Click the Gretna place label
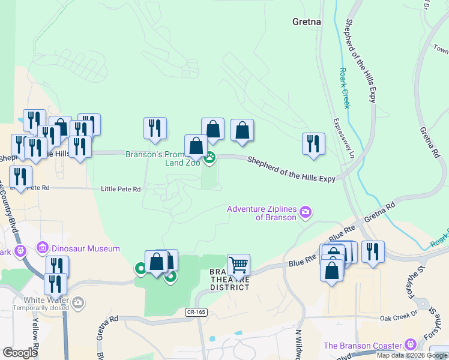(306, 22)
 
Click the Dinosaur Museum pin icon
(42, 248)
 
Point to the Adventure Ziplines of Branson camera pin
(306, 212)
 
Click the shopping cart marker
(238, 265)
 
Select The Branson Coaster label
(362, 346)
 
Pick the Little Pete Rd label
(121, 189)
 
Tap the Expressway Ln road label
(337, 139)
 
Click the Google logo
(20, 352)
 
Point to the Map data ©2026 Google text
(412, 355)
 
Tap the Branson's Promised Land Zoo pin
(210, 159)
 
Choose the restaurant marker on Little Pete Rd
(21, 178)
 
